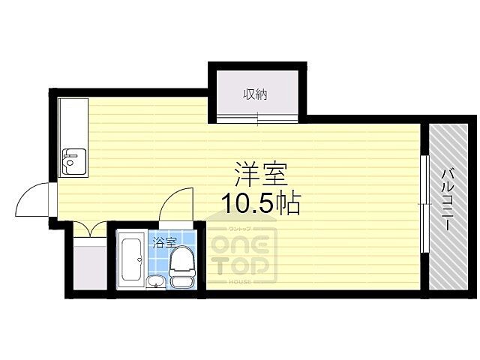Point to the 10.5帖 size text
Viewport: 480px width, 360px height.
coord(260,202)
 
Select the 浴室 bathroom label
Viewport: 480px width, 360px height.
coord(164,242)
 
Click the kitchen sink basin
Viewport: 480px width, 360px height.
coord(73,159)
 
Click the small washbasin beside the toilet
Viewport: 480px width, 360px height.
coord(155,282)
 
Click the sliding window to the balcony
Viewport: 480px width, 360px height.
coord(425,205)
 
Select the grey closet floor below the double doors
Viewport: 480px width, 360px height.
coord(91,267)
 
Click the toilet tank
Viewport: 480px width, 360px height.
coord(181,282)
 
